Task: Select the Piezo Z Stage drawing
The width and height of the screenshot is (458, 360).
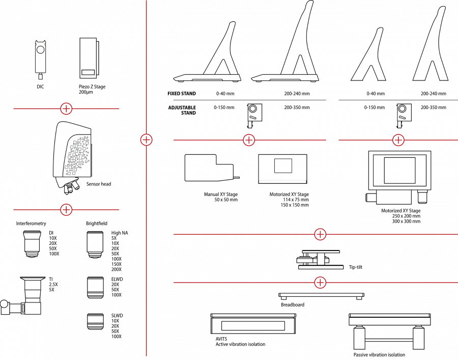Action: [89, 58]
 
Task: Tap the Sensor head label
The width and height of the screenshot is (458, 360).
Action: [99, 184]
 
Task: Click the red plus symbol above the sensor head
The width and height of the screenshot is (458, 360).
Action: [66, 108]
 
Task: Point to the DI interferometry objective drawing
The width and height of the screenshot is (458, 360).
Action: [32, 244]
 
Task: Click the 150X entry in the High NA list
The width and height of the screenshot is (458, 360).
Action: [116, 264]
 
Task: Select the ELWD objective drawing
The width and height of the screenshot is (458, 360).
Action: [95, 288]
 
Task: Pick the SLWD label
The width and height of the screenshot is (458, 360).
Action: [117, 316]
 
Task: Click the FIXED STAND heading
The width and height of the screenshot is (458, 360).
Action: [182, 94]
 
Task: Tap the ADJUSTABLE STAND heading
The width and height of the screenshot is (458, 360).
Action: [182, 110]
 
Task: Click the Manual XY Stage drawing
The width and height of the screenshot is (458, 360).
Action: [212, 168]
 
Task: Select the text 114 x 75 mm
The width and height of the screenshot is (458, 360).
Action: [296, 200]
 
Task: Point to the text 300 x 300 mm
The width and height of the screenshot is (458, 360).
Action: [406, 221]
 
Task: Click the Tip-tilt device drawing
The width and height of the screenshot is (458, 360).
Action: [320, 260]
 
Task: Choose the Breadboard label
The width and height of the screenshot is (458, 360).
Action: [293, 305]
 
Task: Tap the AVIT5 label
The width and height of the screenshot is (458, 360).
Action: [221, 339]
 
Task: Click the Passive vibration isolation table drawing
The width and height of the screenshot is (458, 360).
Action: [389, 331]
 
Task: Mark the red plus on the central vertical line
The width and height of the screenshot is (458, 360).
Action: [147, 140]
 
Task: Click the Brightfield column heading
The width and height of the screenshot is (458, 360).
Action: [97, 224]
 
